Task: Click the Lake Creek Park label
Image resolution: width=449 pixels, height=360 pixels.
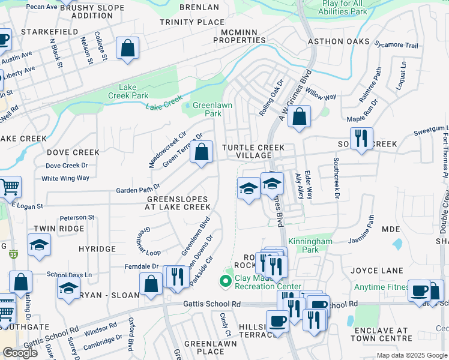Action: [128, 91]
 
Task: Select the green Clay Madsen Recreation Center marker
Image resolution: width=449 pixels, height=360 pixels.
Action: [226, 280]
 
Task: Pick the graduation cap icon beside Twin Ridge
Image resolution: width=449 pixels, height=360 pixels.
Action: [39, 245]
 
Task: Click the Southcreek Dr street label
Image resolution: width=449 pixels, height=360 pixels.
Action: [336, 178]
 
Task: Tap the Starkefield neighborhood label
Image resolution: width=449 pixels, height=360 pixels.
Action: [45, 31]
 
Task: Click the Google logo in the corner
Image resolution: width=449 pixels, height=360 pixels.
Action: [20, 353]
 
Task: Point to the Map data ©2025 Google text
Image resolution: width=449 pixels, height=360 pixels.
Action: [411, 355]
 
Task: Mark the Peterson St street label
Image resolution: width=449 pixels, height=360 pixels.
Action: [77, 217]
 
